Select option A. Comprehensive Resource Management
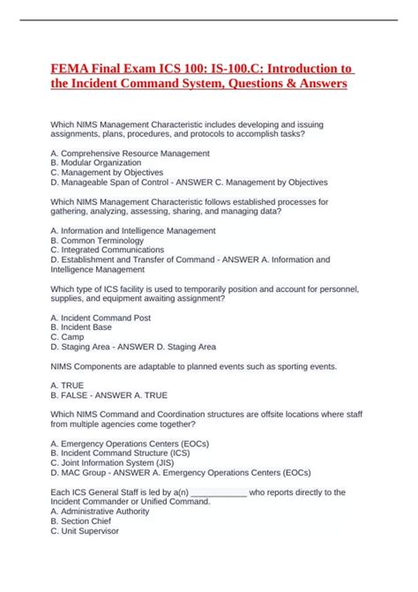point(131,154)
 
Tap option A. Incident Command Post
point(101,317)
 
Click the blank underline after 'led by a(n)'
point(218,492)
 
